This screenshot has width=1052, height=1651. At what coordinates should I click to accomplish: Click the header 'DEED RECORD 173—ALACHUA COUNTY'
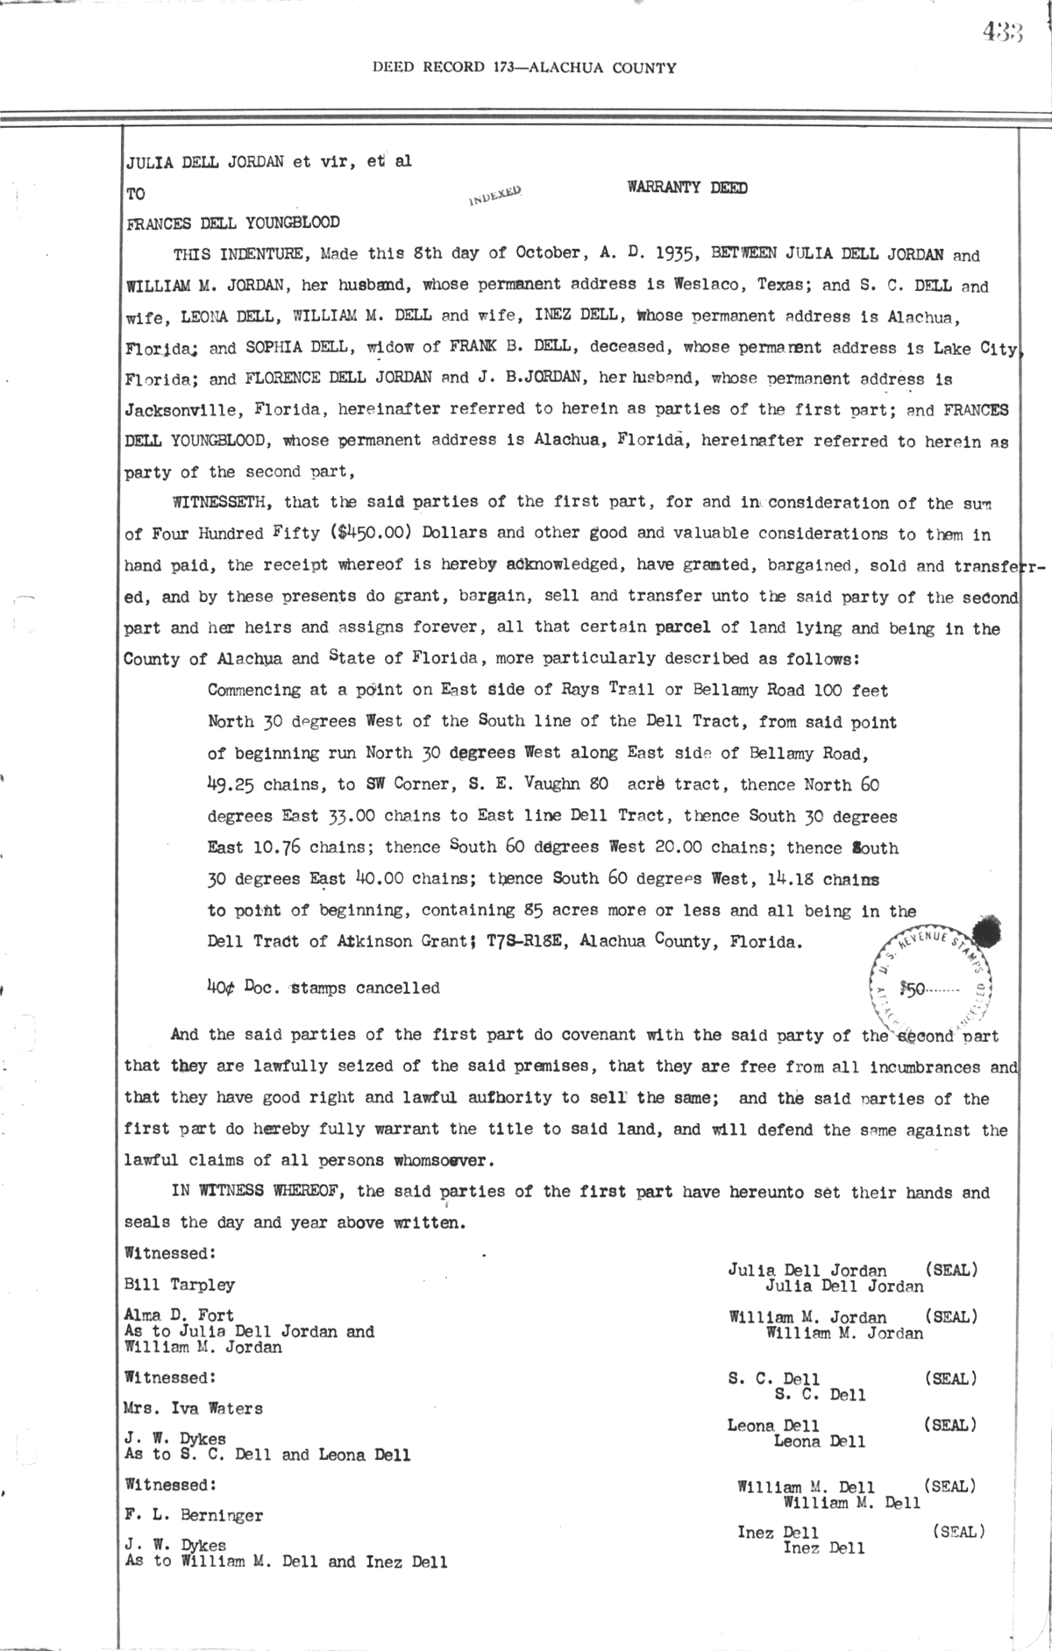(x=524, y=67)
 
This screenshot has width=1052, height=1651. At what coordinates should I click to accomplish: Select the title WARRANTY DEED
(x=686, y=188)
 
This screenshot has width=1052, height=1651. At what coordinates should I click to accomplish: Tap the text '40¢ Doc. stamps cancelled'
(x=323, y=988)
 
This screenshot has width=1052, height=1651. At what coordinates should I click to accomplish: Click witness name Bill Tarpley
(x=180, y=1285)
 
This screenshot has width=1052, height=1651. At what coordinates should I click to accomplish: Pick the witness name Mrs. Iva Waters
(x=194, y=1409)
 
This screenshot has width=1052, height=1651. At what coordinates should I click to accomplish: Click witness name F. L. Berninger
(x=194, y=1515)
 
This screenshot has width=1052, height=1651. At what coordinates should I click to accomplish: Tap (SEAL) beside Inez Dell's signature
(x=957, y=1533)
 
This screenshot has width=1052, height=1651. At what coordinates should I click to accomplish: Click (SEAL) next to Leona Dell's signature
(x=950, y=1426)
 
